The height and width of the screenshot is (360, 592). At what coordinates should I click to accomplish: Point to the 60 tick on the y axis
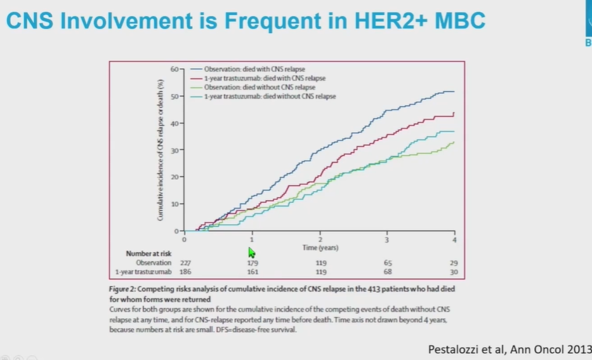point(174,68)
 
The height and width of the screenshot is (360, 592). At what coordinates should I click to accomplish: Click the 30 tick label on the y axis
point(174,150)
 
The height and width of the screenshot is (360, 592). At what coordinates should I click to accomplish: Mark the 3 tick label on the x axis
point(387,239)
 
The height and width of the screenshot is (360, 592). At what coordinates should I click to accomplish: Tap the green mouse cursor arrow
point(252,251)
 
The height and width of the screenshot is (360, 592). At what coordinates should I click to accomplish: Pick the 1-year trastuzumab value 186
point(184,272)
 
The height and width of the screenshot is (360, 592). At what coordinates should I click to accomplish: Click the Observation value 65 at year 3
point(388,262)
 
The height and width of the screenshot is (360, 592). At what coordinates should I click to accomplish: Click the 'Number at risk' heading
point(148,253)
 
